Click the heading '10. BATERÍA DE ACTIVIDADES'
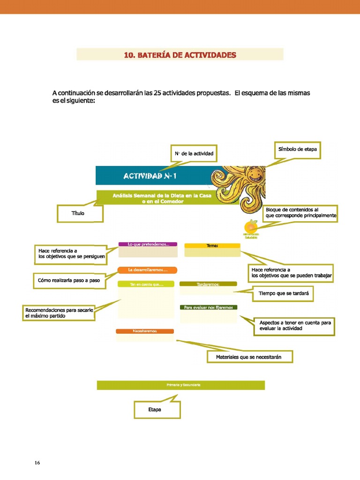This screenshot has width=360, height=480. pyautogui.click(x=180, y=55)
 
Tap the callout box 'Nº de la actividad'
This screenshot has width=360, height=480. pyautogui.click(x=194, y=153)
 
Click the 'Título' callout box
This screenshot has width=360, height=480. pyautogui.click(x=78, y=213)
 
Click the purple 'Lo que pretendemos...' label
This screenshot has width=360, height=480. pyautogui.click(x=148, y=244)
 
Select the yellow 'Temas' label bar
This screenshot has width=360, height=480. pyautogui.click(x=212, y=246)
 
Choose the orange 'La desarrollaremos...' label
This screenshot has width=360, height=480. pyautogui.click(x=148, y=270)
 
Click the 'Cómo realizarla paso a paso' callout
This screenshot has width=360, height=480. pyautogui.click(x=69, y=280)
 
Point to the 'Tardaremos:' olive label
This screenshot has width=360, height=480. pyautogui.click(x=208, y=284)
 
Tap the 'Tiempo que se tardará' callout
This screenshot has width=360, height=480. pyautogui.click(x=284, y=294)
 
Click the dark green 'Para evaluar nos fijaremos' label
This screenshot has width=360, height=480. pyautogui.click(x=208, y=307)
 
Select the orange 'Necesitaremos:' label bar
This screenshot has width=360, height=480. pyautogui.click(x=145, y=331)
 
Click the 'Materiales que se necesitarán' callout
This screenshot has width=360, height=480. pyautogui.click(x=250, y=357)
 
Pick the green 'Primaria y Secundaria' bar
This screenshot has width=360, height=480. pyautogui.click(x=181, y=385)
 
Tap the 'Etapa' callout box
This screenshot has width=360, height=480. pyautogui.click(x=157, y=410)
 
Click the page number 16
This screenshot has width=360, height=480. pyautogui.click(x=37, y=463)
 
